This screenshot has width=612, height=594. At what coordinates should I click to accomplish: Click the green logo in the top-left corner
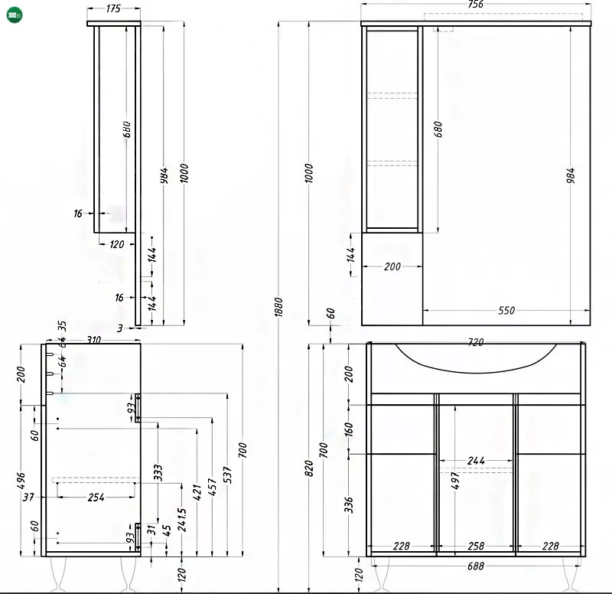tap(15, 15)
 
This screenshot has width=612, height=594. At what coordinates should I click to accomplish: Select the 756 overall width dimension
tap(475, 5)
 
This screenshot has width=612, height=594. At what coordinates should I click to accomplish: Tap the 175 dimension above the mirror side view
tap(113, 8)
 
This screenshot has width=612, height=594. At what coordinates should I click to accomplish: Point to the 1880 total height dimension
tap(278, 307)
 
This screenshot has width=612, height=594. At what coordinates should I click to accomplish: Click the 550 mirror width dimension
tap(506, 311)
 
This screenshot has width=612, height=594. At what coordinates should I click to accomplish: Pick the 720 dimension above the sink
tap(475, 342)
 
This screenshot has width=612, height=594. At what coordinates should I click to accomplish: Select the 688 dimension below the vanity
tap(475, 566)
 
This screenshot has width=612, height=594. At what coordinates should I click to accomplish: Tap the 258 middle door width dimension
tap(476, 546)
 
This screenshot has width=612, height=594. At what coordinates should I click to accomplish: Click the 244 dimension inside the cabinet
tap(476, 461)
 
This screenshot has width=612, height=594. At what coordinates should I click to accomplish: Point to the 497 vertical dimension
tap(455, 481)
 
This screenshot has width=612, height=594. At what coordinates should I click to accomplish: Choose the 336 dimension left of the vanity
tap(349, 504)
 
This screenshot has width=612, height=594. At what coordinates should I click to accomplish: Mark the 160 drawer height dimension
tap(349, 429)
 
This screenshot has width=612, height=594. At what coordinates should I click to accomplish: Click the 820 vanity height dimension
tap(309, 468)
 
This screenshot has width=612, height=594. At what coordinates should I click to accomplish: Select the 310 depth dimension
tap(93, 340)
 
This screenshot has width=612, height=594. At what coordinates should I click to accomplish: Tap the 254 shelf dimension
tap(96, 497)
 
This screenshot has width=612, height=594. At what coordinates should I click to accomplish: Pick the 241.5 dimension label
tap(181, 520)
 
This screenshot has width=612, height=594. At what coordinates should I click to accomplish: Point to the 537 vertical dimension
tap(227, 475)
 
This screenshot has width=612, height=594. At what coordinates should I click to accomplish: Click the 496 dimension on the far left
tap(21, 481)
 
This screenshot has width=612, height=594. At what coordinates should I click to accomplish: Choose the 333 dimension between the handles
tap(158, 472)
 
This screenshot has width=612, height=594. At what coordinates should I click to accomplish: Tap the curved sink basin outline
tap(476, 373)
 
